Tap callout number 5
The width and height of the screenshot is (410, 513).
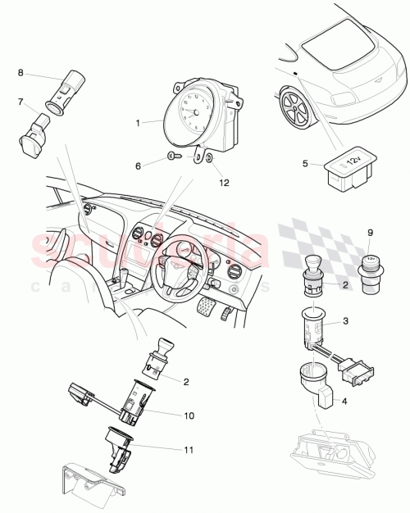coord(305,163)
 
